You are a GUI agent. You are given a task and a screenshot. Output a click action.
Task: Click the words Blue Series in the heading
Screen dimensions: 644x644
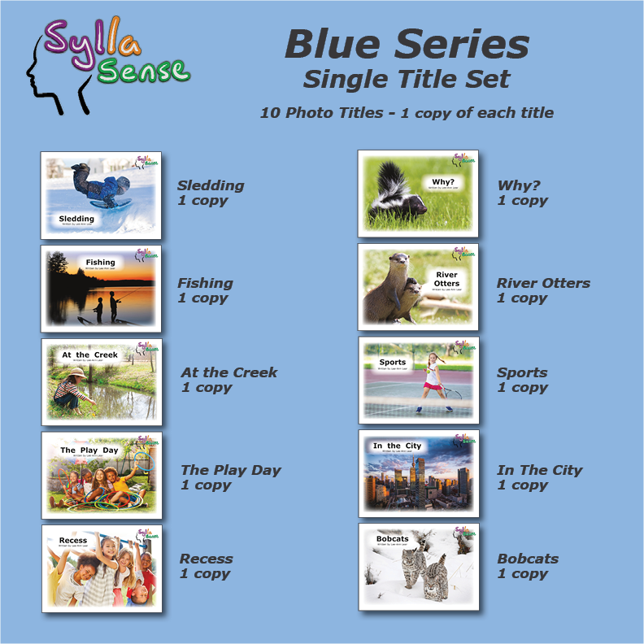[x=407, y=44]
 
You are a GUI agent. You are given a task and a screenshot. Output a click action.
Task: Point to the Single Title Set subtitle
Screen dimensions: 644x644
[x=407, y=79]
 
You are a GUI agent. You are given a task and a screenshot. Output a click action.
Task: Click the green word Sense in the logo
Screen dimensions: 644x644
[x=143, y=71]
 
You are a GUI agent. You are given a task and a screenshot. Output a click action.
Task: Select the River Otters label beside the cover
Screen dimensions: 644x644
[x=543, y=283]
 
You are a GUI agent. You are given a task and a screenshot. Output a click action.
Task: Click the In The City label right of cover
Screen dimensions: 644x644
[x=539, y=470]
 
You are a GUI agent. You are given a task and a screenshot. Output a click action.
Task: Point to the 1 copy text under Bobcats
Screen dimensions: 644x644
[x=523, y=574]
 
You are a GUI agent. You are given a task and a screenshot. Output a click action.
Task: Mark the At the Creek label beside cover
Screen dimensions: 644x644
[x=228, y=372]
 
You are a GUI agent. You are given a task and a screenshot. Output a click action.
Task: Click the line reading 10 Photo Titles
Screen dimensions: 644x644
[x=407, y=113]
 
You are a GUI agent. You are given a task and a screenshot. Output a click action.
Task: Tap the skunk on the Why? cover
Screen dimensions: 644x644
[x=394, y=198]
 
